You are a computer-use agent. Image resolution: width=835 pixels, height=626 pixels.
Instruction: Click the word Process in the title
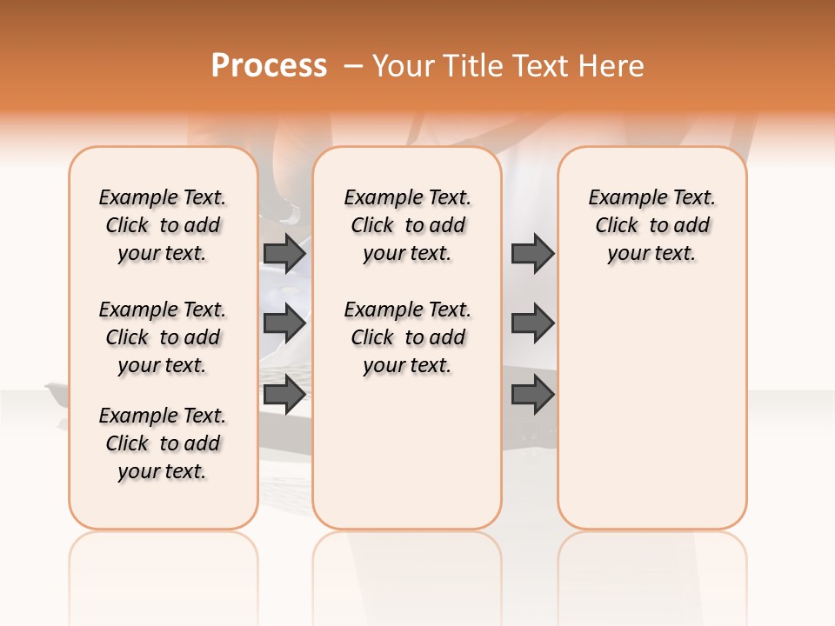click(x=269, y=65)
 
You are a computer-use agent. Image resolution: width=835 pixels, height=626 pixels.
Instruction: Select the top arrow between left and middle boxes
click(x=284, y=253)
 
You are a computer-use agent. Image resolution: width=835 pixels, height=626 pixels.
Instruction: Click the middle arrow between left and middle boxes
click(x=284, y=323)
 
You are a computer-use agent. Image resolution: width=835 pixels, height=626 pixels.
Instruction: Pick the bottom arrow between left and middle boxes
click(x=284, y=395)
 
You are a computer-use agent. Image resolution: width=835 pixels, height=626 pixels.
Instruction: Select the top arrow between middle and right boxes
click(x=532, y=253)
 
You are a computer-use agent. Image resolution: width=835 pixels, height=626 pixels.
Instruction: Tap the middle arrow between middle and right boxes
click(x=532, y=323)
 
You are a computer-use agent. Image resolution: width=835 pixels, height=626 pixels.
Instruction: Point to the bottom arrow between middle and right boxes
click(x=532, y=395)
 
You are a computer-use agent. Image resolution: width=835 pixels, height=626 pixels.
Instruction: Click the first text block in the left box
click(x=163, y=225)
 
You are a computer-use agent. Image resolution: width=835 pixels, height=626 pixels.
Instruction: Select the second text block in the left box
click(x=163, y=337)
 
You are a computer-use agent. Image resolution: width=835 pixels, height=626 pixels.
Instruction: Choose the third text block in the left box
click(x=163, y=443)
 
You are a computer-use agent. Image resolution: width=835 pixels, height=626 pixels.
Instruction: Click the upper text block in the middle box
click(x=407, y=225)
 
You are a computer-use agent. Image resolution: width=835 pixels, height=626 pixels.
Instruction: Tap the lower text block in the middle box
click(x=407, y=337)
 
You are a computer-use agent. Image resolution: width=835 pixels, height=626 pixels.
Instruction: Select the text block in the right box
click(x=651, y=225)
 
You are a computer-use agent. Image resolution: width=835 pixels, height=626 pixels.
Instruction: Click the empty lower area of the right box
click(x=651, y=409)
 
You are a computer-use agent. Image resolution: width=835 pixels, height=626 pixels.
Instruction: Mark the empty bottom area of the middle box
click(x=407, y=461)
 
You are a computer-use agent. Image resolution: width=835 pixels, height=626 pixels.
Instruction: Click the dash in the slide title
click(x=353, y=65)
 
